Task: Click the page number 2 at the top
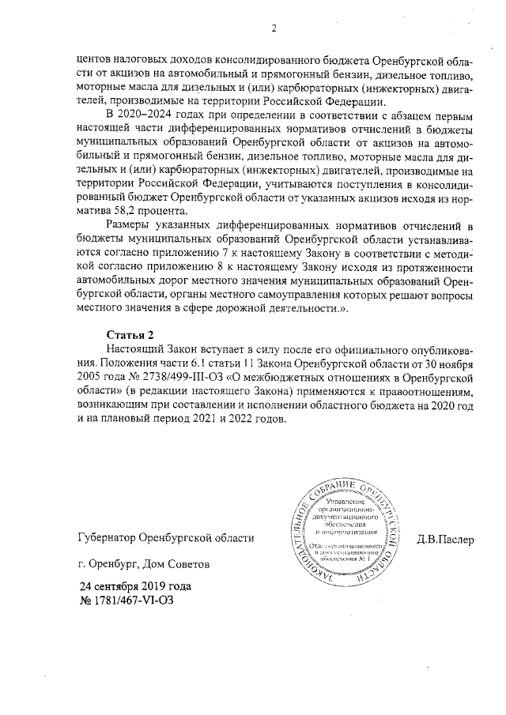tap(273, 30)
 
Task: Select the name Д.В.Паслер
tap(445, 540)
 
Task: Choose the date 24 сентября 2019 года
tap(134, 588)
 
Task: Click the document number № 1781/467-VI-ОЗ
tap(126, 601)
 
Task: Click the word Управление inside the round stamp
tap(343, 502)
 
